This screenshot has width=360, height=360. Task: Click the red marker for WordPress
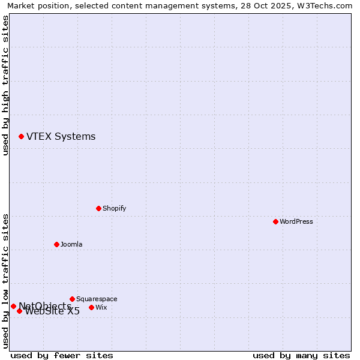coord(275,221)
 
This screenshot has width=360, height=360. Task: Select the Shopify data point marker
coord(98,208)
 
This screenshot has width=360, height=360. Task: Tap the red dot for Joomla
coord(56,244)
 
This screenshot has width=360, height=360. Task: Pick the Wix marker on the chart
coord(91,307)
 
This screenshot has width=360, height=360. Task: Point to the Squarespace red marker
coord(72,299)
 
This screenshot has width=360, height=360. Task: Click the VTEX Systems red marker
coord(21,136)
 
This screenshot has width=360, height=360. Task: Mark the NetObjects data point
coord(13,306)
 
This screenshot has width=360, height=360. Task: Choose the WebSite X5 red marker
coord(19,311)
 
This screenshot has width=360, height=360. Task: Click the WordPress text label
coord(296,221)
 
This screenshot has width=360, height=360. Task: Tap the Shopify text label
coord(114,208)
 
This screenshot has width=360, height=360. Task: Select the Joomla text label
coord(71,244)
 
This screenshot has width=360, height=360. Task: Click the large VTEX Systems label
coord(61,136)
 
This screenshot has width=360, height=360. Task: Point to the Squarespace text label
coord(97,299)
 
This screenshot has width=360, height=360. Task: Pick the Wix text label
coord(101,307)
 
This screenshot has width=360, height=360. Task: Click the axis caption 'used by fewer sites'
coord(62,355)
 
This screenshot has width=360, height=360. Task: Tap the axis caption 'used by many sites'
coord(301,355)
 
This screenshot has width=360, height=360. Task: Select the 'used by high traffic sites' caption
coord(5,85)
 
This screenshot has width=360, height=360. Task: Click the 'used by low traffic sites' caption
coord(5,281)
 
